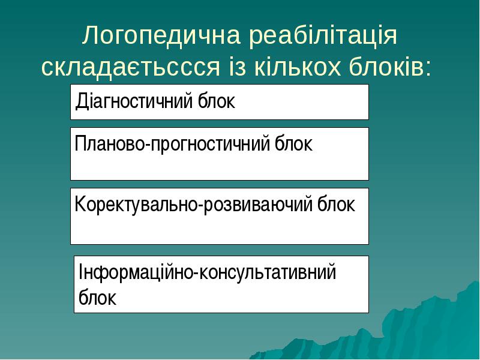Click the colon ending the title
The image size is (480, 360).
(x=427, y=68)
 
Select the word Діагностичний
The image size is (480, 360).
(x=136, y=101)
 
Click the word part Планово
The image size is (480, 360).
(x=108, y=144)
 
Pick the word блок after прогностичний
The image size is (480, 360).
(x=294, y=144)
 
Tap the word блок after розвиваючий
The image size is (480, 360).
(x=337, y=205)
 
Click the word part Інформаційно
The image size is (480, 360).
(x=136, y=273)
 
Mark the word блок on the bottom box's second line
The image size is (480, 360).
(x=97, y=298)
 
